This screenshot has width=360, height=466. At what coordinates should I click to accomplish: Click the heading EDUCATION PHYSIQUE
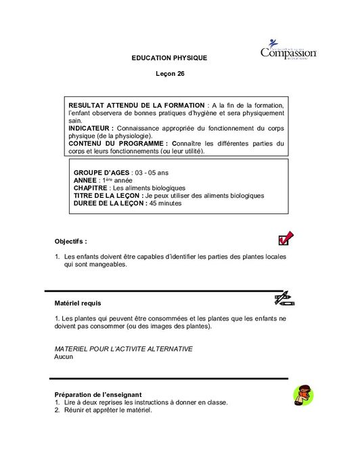pos(169,58)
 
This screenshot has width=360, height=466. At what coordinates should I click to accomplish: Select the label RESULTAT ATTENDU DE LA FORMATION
pos(137,106)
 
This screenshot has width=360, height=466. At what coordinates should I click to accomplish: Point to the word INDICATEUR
pos(91,128)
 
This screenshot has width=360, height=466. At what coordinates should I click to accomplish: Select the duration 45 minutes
pos(165,203)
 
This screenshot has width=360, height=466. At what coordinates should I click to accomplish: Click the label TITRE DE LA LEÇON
pos(108,196)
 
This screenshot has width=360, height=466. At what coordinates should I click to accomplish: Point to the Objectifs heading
pos(70,241)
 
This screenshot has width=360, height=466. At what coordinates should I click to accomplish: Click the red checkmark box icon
pos(285,238)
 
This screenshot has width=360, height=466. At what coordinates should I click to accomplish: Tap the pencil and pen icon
pos(284,298)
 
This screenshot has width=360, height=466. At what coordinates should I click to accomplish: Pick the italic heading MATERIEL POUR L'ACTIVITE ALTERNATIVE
pos(123,349)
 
